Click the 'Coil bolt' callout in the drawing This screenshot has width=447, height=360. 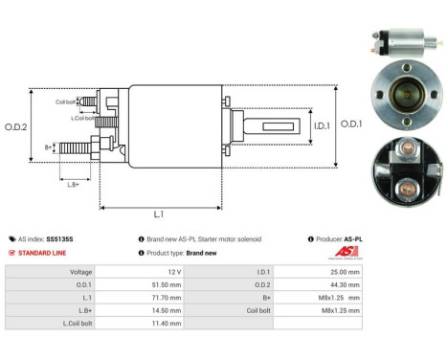pos(66,100)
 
